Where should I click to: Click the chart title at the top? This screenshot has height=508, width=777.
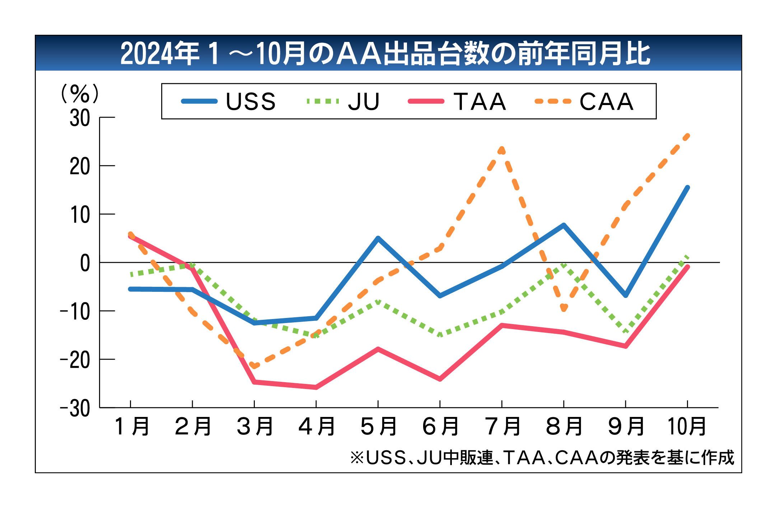click(x=385, y=54)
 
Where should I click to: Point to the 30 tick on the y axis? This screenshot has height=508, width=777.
click(x=80, y=118)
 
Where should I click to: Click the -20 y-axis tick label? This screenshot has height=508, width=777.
click(x=75, y=360)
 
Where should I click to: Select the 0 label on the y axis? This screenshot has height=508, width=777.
click(x=85, y=263)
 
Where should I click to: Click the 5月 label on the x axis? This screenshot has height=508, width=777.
click(x=378, y=426)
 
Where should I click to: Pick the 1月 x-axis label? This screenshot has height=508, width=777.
click(x=131, y=426)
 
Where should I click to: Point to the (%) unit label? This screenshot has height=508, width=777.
click(x=79, y=94)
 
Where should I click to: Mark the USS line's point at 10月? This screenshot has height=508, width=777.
click(x=687, y=187)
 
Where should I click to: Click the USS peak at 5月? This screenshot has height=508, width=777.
click(x=378, y=238)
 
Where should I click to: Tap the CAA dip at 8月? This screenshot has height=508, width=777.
click(x=564, y=309)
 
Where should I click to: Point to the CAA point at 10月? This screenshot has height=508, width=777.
click(x=687, y=136)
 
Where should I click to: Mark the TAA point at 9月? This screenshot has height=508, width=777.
click(x=626, y=346)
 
